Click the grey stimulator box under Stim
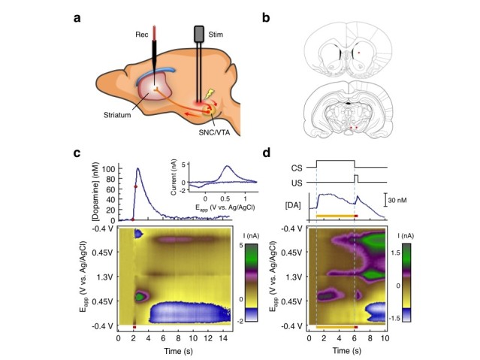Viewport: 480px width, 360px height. [x=199, y=35]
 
